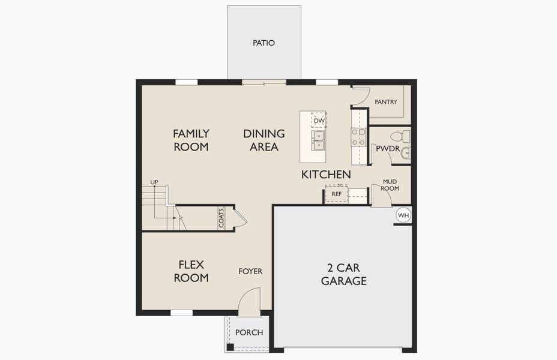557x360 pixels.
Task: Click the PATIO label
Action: pyautogui.click(x=263, y=43)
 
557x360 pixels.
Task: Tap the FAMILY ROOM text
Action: pyautogui.click(x=191, y=140)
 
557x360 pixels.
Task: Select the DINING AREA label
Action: pyautogui.click(x=263, y=140)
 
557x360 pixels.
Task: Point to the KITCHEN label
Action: pyautogui.click(x=326, y=174)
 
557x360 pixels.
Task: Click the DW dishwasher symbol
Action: pyautogui.click(x=319, y=121)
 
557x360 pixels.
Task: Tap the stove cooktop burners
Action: pyautogui.click(x=358, y=137)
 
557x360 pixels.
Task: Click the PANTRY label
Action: pyautogui.click(x=386, y=102)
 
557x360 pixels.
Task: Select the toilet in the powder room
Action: pyautogui.click(x=400, y=136)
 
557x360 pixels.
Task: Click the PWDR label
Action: pyautogui.click(x=388, y=149)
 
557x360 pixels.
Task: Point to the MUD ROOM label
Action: pyautogui.click(x=391, y=185)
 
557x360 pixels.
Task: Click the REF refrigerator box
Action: pyautogui.click(x=337, y=194)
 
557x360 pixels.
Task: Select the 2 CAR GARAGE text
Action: pyautogui.click(x=343, y=274)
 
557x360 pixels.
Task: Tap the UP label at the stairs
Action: pyautogui.click(x=154, y=182)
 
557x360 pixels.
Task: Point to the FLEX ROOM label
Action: pyautogui.click(x=191, y=271)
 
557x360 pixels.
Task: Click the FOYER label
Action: pyautogui.click(x=250, y=271)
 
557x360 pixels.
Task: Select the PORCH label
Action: pyautogui.click(x=249, y=332)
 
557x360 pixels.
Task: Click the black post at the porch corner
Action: pyautogui.click(x=230, y=347)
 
